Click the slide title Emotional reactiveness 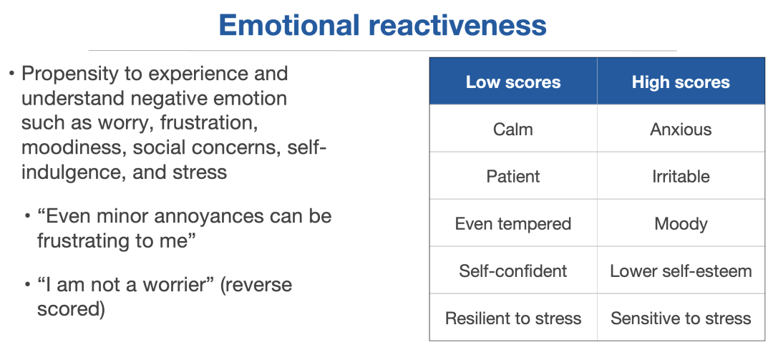(x=382, y=25)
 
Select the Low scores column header (x=513, y=82)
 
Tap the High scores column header (x=681, y=82)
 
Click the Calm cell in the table (x=513, y=129)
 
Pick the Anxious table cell (x=681, y=129)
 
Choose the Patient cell (x=513, y=176)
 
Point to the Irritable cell (x=681, y=176)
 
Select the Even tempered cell (x=513, y=223)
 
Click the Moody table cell (x=681, y=223)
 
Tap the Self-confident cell (x=513, y=271)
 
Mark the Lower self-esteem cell (x=681, y=271)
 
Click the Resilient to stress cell (x=513, y=318)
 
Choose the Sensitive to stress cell (x=681, y=318)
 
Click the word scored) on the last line (x=71, y=310)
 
